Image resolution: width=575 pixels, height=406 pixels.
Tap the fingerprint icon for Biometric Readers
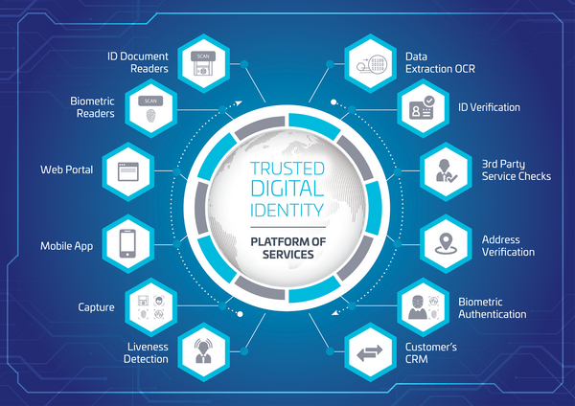[149, 112]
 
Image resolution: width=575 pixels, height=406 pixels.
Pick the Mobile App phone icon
[128, 243]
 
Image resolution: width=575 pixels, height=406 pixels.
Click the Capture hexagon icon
[149, 306]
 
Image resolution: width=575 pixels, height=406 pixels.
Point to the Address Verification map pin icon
[447, 243]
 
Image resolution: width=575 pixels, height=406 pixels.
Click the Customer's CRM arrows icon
[370, 353]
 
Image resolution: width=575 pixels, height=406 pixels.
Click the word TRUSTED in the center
[287, 168]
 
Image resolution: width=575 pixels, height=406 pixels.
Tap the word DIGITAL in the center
[287, 188]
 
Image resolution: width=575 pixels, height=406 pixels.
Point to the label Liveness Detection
[146, 353]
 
